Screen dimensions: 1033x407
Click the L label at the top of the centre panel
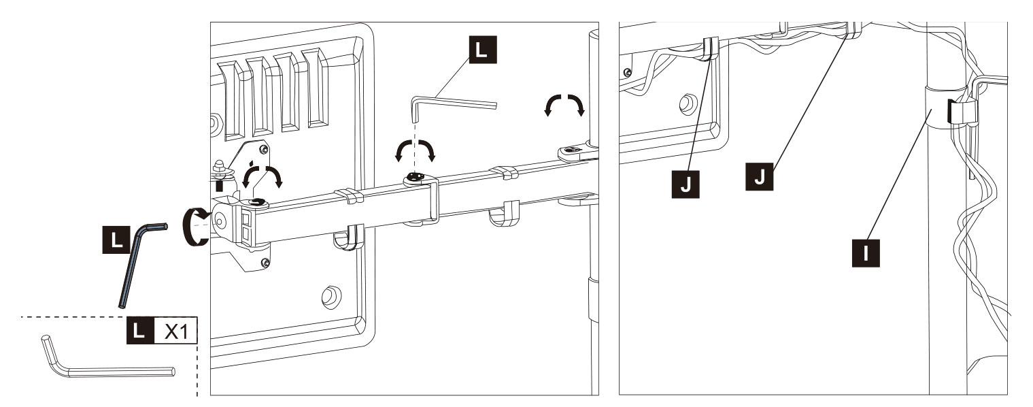482,50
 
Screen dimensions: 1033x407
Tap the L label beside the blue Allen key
116,240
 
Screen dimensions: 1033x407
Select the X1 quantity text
176,330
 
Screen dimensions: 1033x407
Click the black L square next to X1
140,330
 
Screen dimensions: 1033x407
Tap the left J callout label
685,184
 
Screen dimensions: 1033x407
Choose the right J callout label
759,176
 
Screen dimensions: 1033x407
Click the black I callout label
866,253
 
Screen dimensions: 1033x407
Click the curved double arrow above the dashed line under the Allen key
415,149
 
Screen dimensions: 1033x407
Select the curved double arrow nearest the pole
564,104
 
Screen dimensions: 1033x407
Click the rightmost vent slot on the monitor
316,87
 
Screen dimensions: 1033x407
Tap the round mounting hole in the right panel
688,103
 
